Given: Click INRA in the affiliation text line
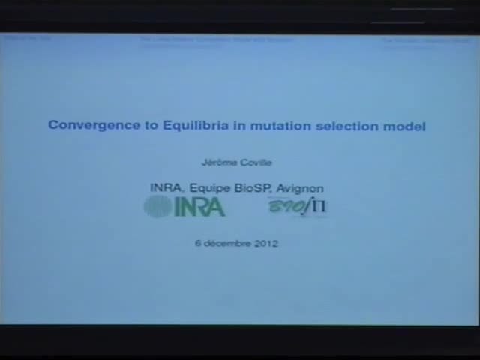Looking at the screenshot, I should tap(166, 188).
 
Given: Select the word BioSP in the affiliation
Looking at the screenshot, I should tap(253, 188).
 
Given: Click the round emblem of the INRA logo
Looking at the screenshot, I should tap(157, 206).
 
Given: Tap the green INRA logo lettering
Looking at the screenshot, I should tap(199, 207).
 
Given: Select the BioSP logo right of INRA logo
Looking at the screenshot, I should tap(298, 206).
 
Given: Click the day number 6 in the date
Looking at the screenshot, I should tap(198, 243).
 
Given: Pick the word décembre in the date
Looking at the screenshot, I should tap(226, 243).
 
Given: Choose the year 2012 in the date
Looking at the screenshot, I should tap(266, 243).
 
